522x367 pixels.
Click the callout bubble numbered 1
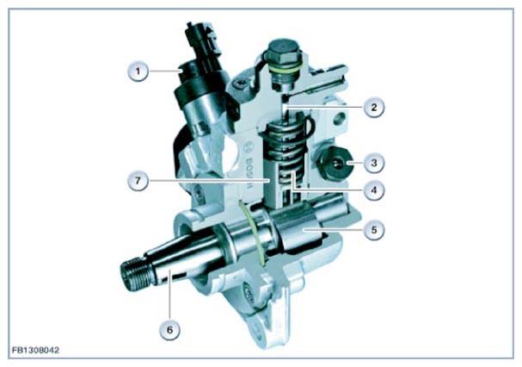click(x=138, y=71)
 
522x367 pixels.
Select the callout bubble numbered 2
click(x=374, y=107)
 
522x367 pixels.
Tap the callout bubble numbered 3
click(x=374, y=163)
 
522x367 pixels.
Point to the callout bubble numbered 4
click(x=374, y=190)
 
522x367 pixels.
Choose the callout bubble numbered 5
click(x=374, y=229)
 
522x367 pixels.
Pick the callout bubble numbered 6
click(x=169, y=330)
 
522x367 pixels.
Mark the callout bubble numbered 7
click(x=138, y=181)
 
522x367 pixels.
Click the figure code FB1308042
click(x=35, y=350)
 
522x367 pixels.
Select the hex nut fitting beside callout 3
click(x=334, y=163)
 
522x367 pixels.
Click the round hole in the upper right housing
click(x=339, y=117)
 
